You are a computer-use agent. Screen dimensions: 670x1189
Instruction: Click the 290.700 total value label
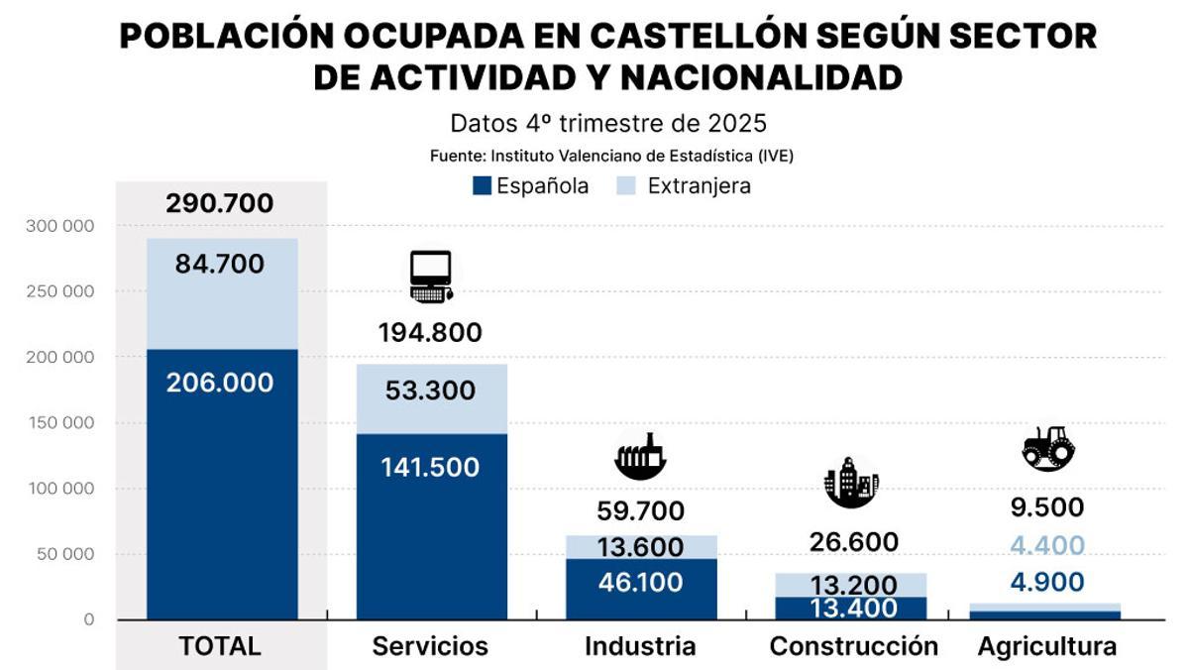point(220,204)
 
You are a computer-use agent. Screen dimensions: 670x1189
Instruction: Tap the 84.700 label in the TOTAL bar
point(220,265)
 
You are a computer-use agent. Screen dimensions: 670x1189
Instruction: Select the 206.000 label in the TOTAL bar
point(220,383)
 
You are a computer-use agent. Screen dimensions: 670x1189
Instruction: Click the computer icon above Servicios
point(432,277)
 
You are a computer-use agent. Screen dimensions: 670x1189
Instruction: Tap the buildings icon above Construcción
point(850,483)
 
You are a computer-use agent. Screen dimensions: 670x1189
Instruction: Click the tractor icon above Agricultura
point(1048,448)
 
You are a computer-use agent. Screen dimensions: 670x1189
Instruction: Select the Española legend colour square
point(483,185)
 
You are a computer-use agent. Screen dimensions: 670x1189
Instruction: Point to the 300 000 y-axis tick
point(60,226)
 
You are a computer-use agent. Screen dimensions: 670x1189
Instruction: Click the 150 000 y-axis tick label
point(60,423)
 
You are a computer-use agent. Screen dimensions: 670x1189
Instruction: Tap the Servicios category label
point(430,646)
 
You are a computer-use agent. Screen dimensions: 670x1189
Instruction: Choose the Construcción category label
point(853,646)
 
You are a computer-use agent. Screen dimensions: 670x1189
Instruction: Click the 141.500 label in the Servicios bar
point(430,468)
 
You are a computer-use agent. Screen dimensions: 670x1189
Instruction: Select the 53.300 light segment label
point(430,391)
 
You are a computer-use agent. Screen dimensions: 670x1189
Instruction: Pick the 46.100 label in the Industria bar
point(640,582)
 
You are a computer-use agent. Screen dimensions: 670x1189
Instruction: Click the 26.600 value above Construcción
point(853,542)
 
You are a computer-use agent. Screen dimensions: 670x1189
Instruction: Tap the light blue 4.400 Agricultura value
point(1047,545)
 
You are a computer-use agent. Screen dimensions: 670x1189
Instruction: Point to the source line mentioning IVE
point(611,156)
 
